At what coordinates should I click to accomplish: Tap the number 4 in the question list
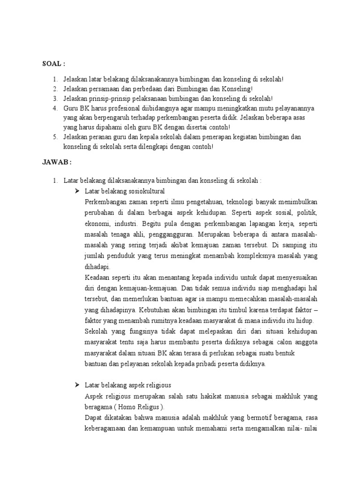[x=54, y=108]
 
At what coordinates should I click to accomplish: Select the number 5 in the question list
[x=54, y=137]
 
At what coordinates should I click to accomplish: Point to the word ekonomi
[x=98, y=223]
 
